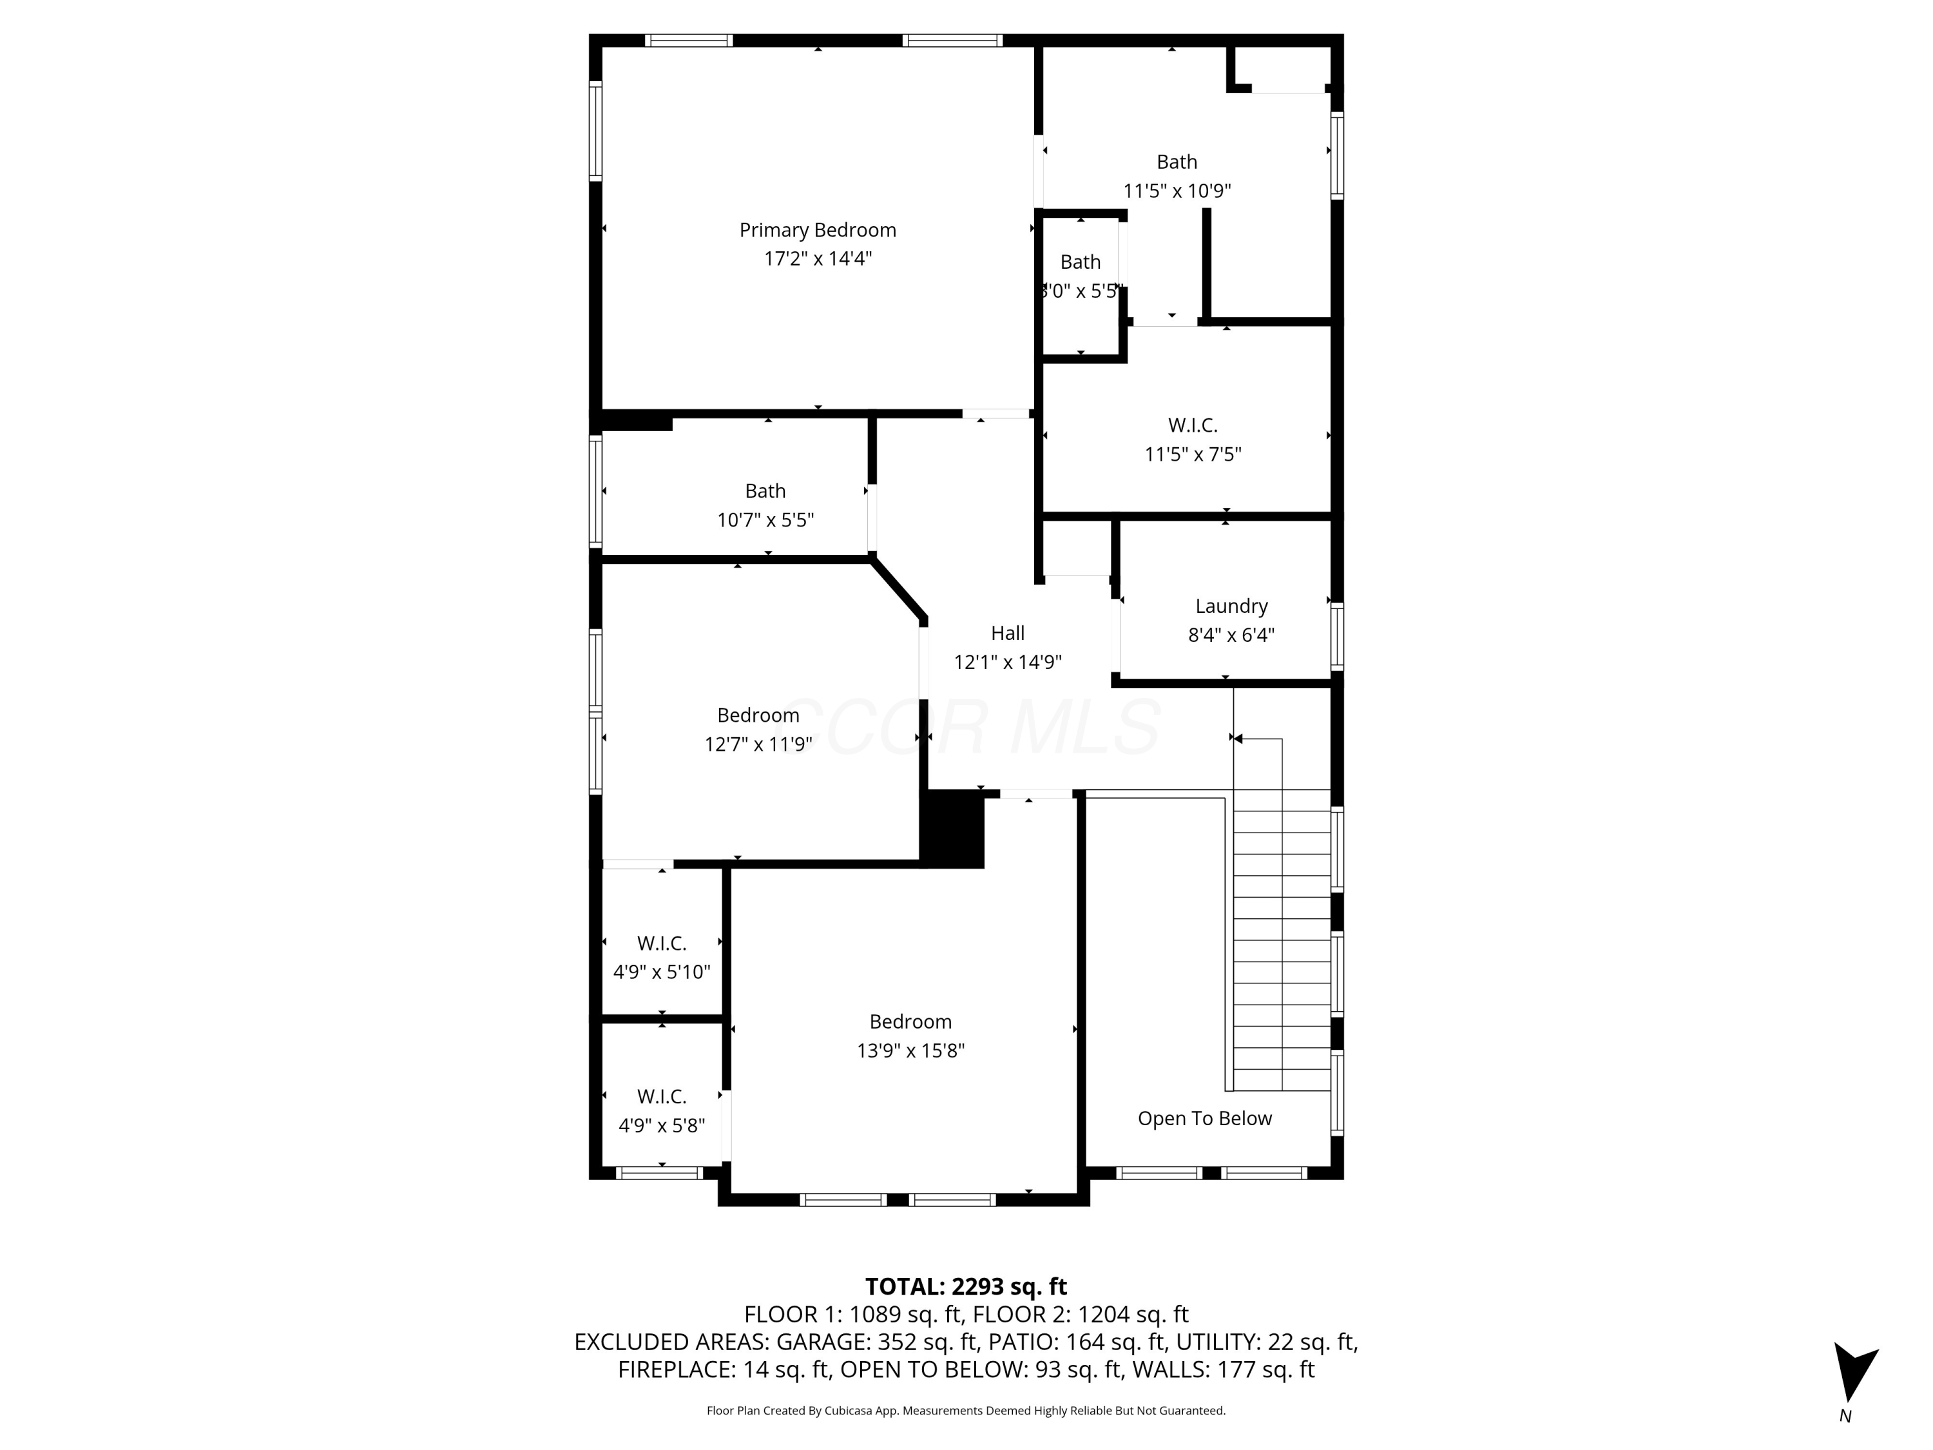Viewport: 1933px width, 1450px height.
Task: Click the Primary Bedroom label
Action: (x=817, y=230)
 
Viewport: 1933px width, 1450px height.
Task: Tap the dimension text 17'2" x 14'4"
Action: (x=817, y=258)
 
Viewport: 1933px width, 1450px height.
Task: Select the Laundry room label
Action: (x=1231, y=606)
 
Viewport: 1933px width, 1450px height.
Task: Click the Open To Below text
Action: (x=1204, y=1118)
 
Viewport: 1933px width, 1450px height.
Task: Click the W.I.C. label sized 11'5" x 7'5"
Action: (x=1192, y=425)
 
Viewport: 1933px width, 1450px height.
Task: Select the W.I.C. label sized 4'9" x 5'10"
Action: (x=662, y=943)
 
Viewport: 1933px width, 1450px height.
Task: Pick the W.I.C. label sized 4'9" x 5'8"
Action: (x=662, y=1096)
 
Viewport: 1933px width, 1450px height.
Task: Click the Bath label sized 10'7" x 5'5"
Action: (x=765, y=491)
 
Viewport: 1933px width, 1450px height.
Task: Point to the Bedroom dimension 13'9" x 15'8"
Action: (x=910, y=1050)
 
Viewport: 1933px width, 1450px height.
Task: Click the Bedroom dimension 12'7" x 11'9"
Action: (x=758, y=744)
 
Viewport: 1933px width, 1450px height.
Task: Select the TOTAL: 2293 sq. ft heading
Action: (x=966, y=1286)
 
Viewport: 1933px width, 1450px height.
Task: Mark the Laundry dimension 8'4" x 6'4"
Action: (x=1231, y=635)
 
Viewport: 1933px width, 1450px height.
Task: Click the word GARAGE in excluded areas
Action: (x=822, y=1342)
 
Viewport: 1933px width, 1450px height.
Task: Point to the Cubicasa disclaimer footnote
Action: (x=966, y=1410)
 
